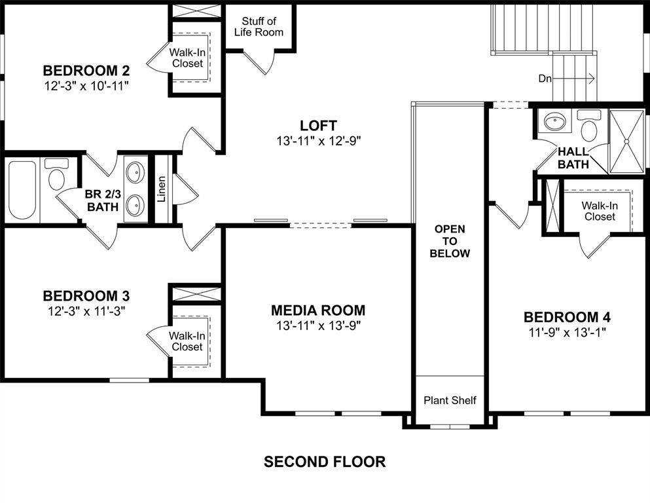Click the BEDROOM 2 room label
pyautogui.click(x=86, y=71)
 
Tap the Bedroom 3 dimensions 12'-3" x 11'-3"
pyautogui.click(x=86, y=311)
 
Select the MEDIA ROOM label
pyautogui.click(x=318, y=310)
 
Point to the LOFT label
pyautogui.click(x=318, y=125)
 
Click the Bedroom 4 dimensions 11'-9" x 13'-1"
pyautogui.click(x=567, y=332)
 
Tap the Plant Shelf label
pyautogui.click(x=450, y=400)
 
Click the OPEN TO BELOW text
pyautogui.click(x=450, y=241)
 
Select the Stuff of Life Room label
pyautogui.click(x=259, y=27)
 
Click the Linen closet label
pyautogui.click(x=162, y=189)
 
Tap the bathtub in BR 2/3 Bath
pyautogui.click(x=22, y=190)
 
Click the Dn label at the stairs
pyautogui.click(x=545, y=79)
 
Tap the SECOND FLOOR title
pyautogui.click(x=325, y=462)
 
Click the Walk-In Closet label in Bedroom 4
pyautogui.click(x=600, y=211)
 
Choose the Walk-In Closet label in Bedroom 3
pyautogui.click(x=187, y=341)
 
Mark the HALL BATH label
pyautogui.click(x=573, y=158)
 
